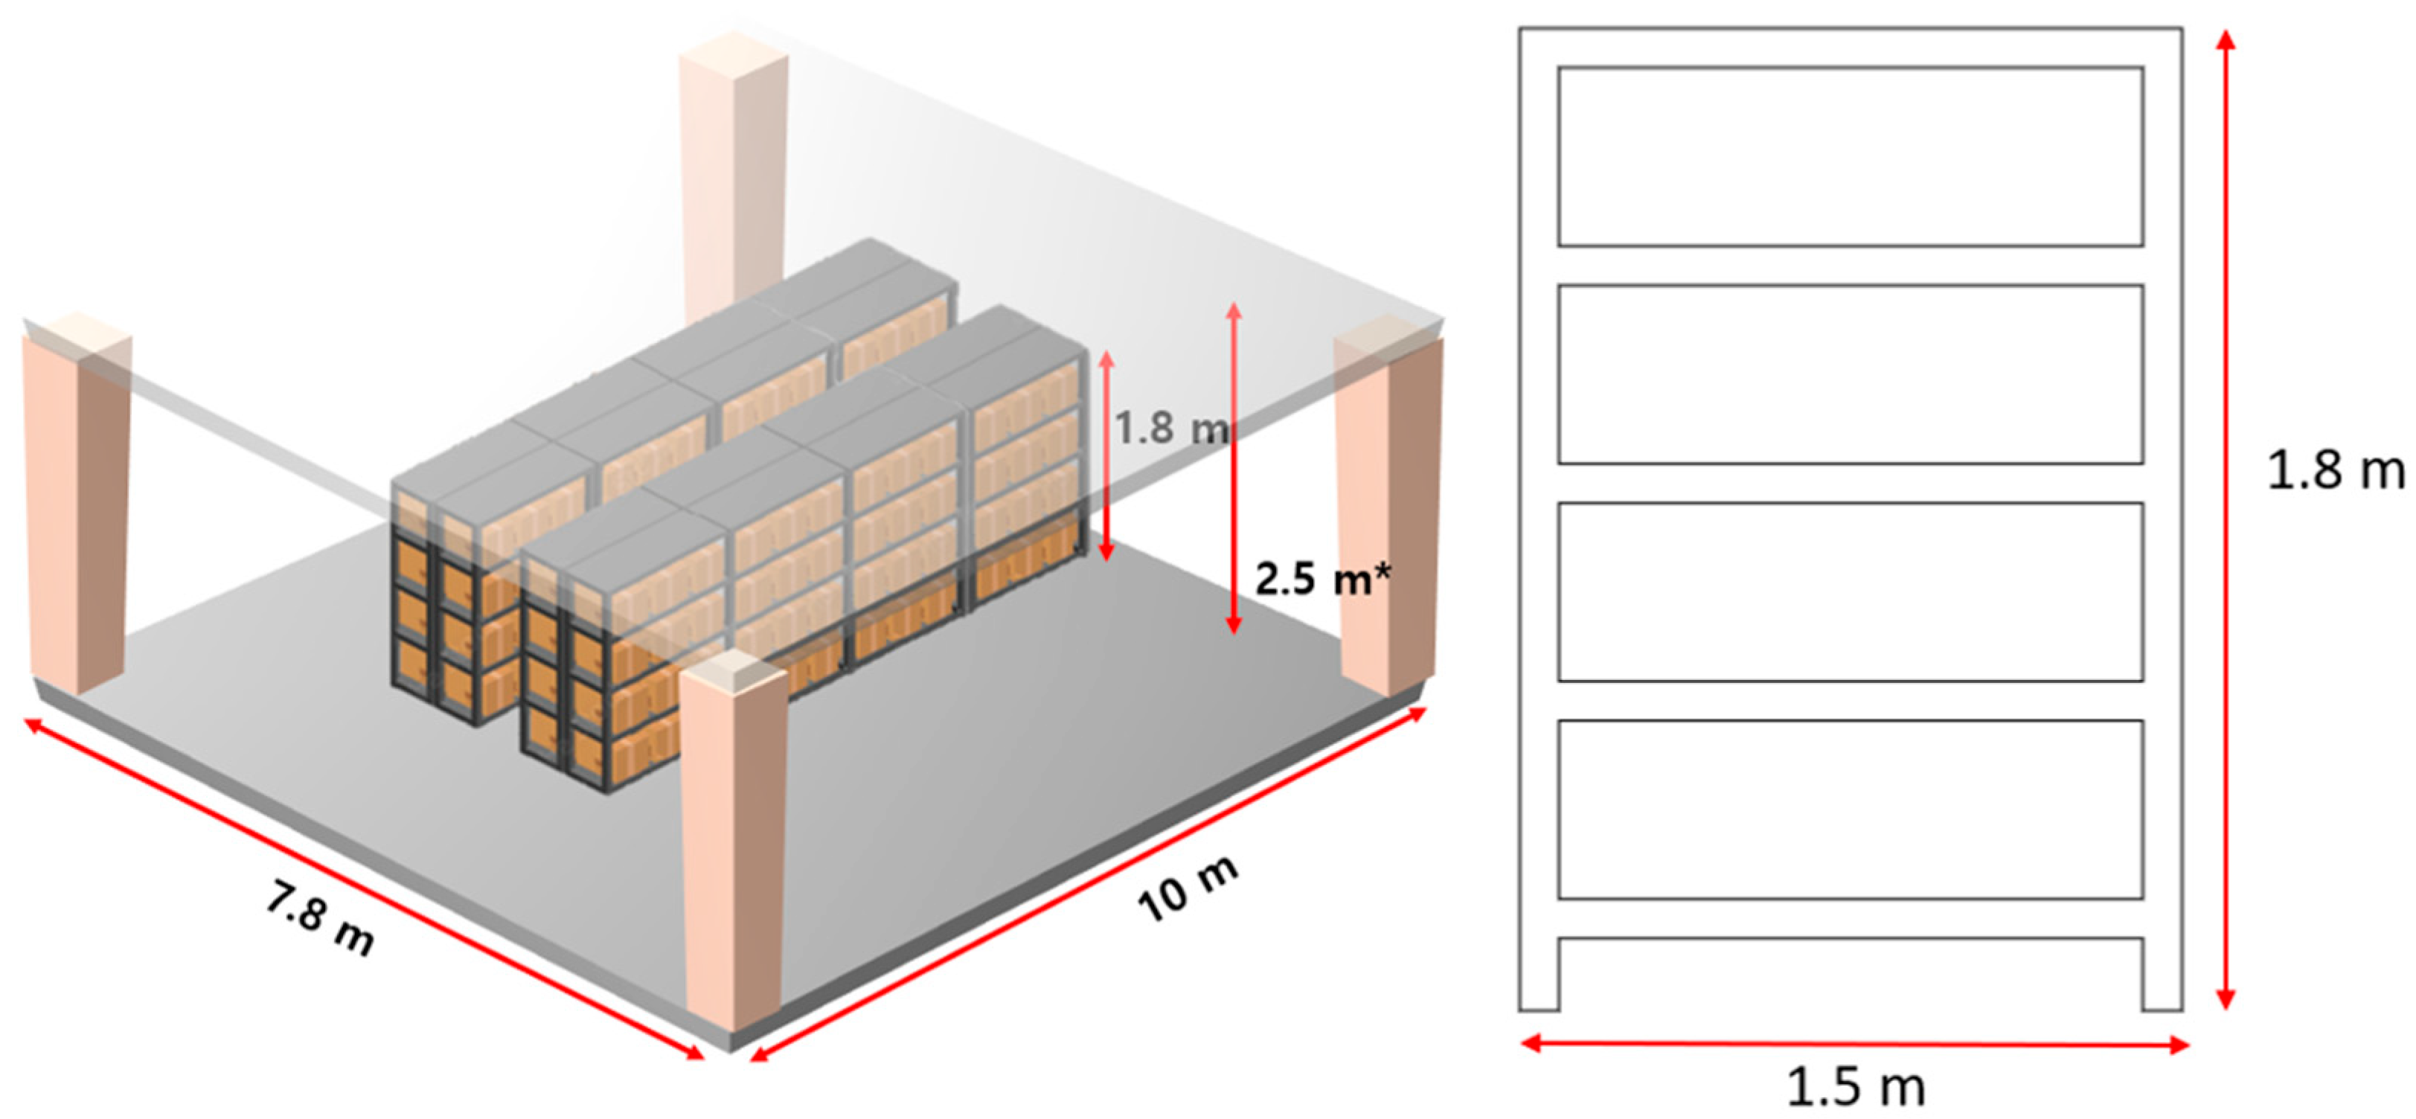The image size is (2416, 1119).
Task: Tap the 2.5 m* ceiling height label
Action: tap(1322, 579)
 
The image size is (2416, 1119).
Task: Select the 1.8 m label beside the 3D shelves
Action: tap(1170, 428)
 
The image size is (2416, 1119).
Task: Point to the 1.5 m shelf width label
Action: tap(1855, 1087)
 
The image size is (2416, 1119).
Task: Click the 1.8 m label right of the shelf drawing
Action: tap(2336, 470)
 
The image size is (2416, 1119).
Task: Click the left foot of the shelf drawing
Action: tap(1539, 975)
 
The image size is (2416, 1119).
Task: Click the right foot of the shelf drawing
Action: tap(2163, 975)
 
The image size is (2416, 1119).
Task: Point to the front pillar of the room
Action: tap(734, 844)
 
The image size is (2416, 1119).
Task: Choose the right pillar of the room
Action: tap(1388, 507)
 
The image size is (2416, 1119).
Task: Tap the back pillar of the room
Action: tap(734, 169)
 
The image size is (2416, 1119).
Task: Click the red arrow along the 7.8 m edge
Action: tap(364, 889)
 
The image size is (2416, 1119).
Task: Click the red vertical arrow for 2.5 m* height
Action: tap(1234, 468)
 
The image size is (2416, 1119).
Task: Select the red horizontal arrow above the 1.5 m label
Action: tap(1855, 1044)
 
